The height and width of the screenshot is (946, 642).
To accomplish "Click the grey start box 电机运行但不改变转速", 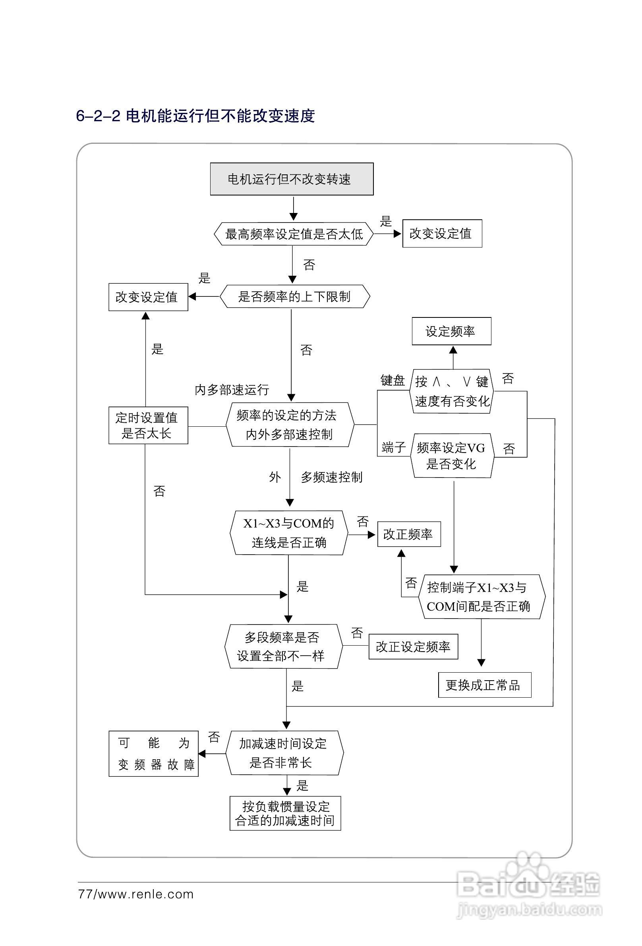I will (292, 179).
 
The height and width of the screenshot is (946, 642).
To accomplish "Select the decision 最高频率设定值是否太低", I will (294, 234).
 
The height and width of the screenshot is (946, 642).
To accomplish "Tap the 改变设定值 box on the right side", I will (442, 234).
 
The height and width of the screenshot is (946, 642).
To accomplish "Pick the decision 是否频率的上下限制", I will (294, 297).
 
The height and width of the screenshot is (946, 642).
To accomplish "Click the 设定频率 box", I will (451, 331).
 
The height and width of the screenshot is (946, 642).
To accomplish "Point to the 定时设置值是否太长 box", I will (148, 426).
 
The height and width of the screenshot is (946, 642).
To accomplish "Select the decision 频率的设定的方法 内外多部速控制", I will (290, 425).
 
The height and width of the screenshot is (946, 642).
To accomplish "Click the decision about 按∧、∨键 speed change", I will (451, 392).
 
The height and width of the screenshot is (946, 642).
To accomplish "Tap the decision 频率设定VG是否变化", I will (451, 455).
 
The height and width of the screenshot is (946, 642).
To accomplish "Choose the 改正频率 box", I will (409, 534).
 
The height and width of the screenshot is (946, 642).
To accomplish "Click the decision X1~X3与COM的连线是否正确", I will (289, 533).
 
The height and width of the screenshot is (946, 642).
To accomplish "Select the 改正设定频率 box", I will (413, 646).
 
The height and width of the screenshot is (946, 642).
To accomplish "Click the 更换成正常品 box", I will (484, 685).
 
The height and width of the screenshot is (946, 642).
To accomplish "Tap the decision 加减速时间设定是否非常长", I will (284, 753).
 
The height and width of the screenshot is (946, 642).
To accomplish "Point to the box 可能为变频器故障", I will (153, 753).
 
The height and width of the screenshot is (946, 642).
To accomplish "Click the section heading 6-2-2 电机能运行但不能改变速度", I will (195, 116).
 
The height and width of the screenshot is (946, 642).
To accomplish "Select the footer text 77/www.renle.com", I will (135, 894).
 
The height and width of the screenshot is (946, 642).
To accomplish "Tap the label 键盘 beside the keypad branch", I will (393, 381).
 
